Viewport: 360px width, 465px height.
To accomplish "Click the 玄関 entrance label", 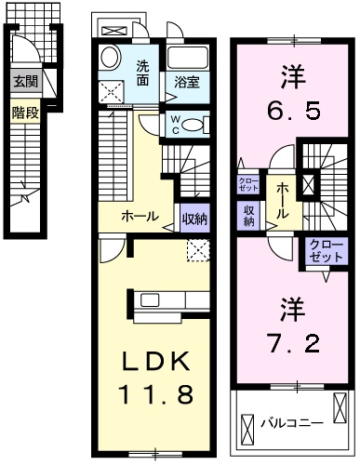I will click(x=25, y=82).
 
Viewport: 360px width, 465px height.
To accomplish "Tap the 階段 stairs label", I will click(x=24, y=113).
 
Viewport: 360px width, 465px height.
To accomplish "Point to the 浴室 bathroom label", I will click(x=187, y=82).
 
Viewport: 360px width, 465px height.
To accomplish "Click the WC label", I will click(x=176, y=124).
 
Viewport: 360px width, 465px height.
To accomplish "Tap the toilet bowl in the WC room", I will click(x=199, y=125).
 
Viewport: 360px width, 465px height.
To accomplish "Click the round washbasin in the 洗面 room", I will click(x=108, y=58).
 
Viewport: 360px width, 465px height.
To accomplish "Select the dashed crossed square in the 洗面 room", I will click(x=115, y=91).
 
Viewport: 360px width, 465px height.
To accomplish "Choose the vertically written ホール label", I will click(x=279, y=200).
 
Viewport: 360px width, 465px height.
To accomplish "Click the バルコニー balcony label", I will click(x=291, y=421).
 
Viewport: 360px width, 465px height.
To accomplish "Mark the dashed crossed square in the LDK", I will click(x=196, y=248).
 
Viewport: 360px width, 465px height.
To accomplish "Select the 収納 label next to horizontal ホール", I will click(x=193, y=219).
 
